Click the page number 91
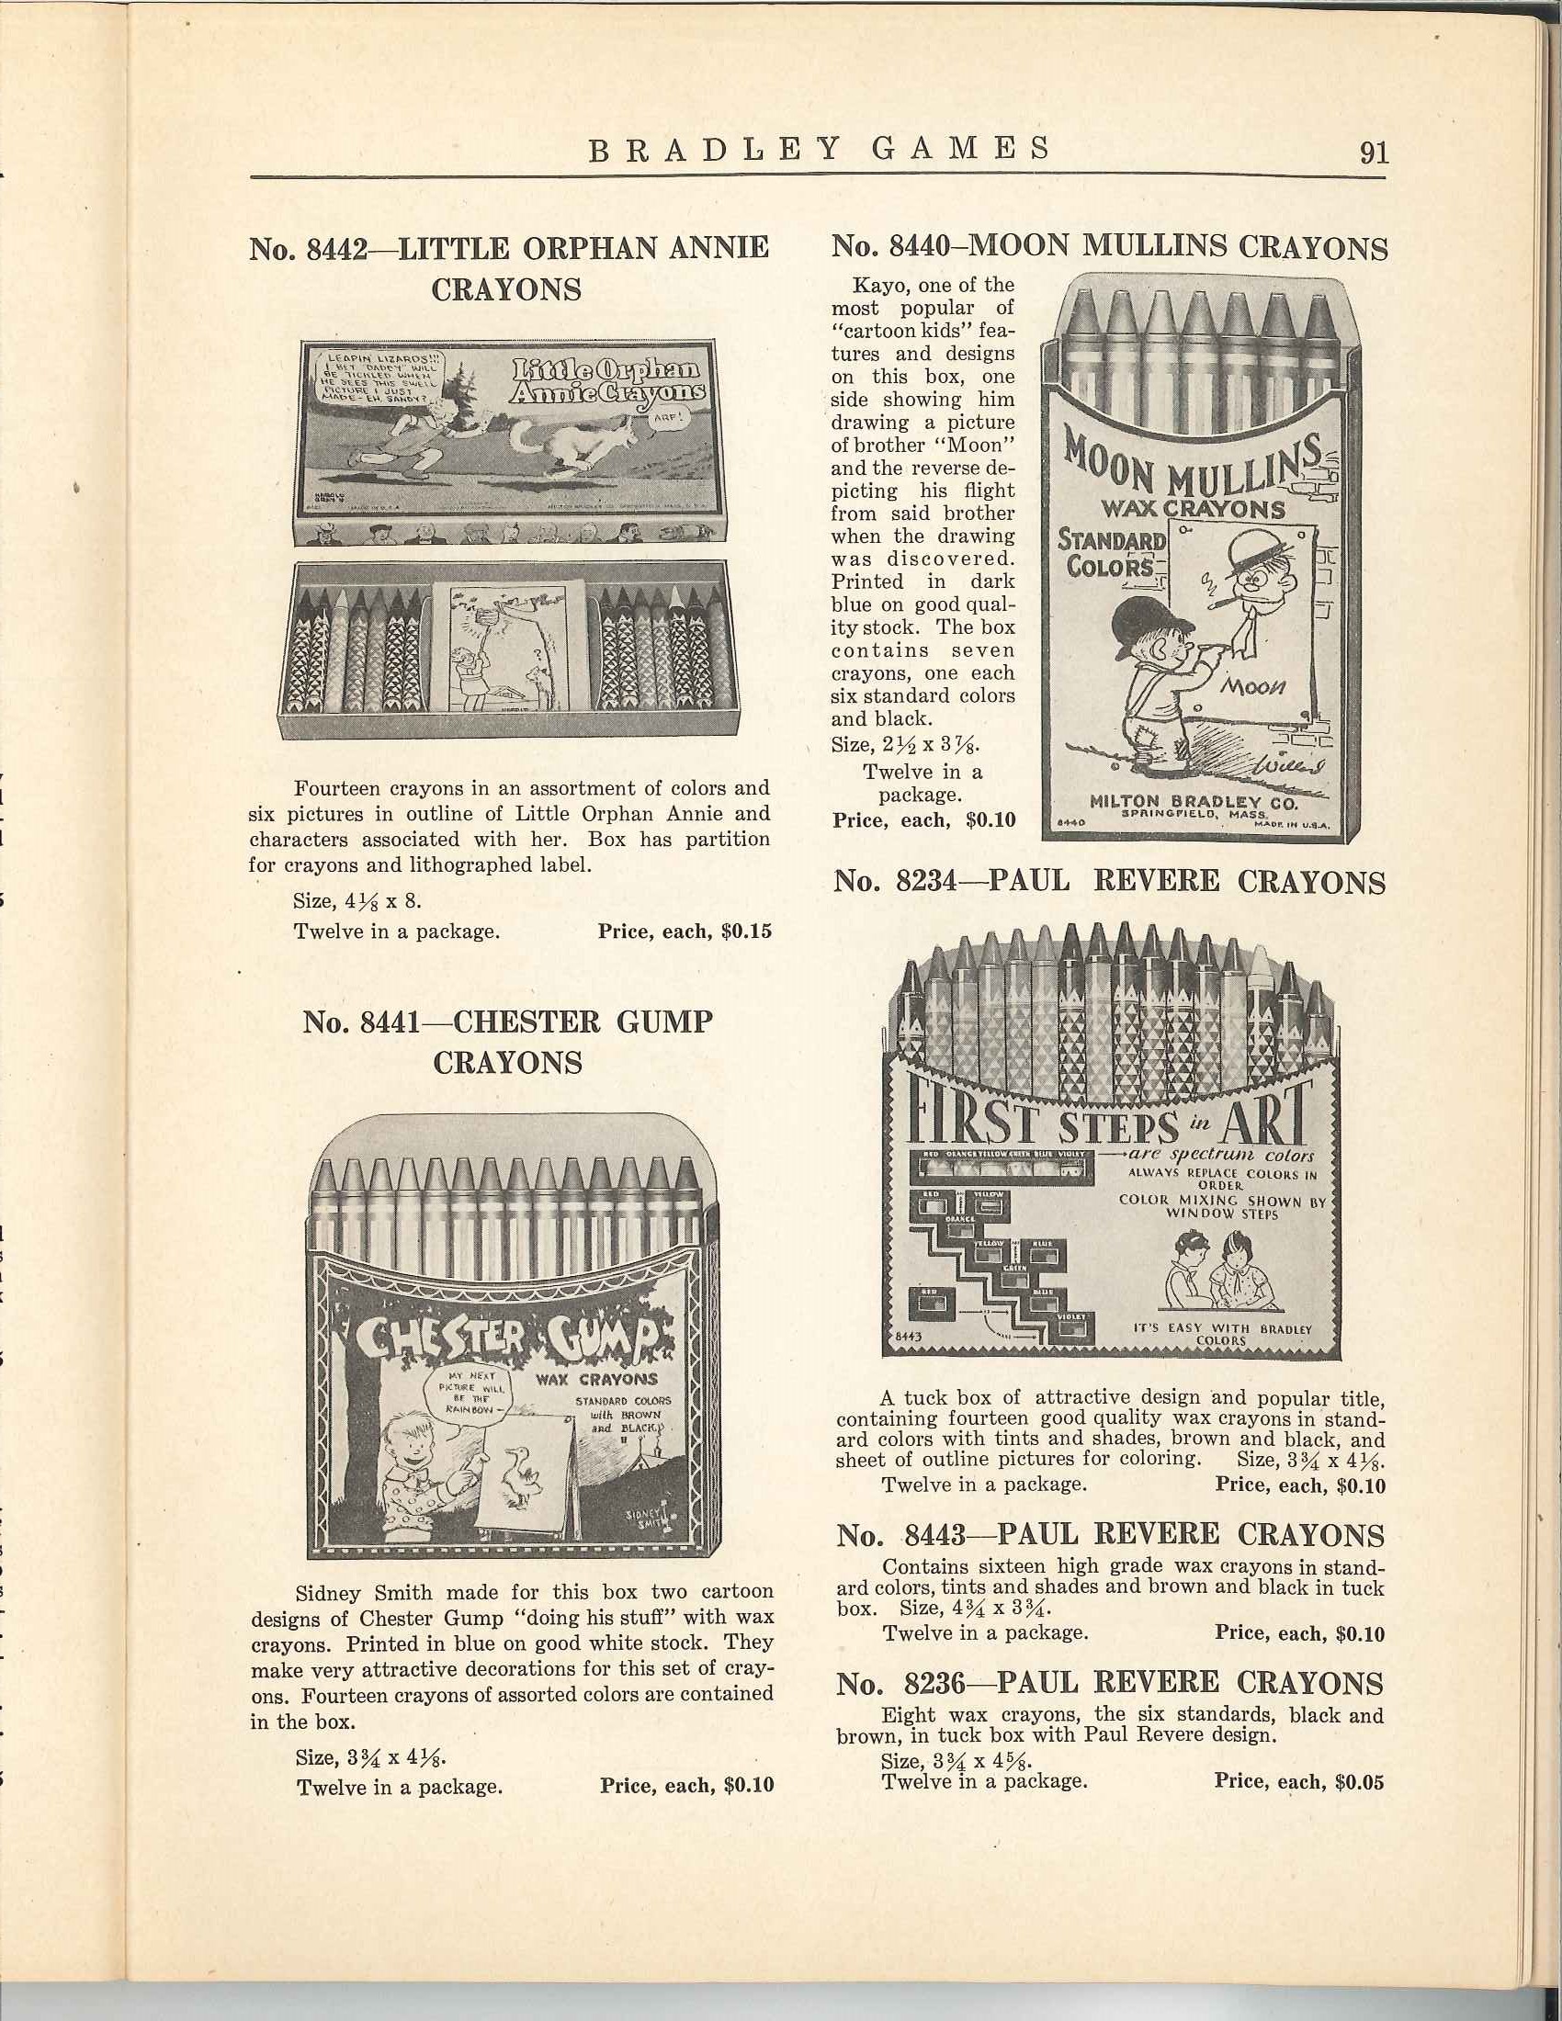(x=1375, y=151)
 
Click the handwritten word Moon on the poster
(x=1256, y=686)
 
